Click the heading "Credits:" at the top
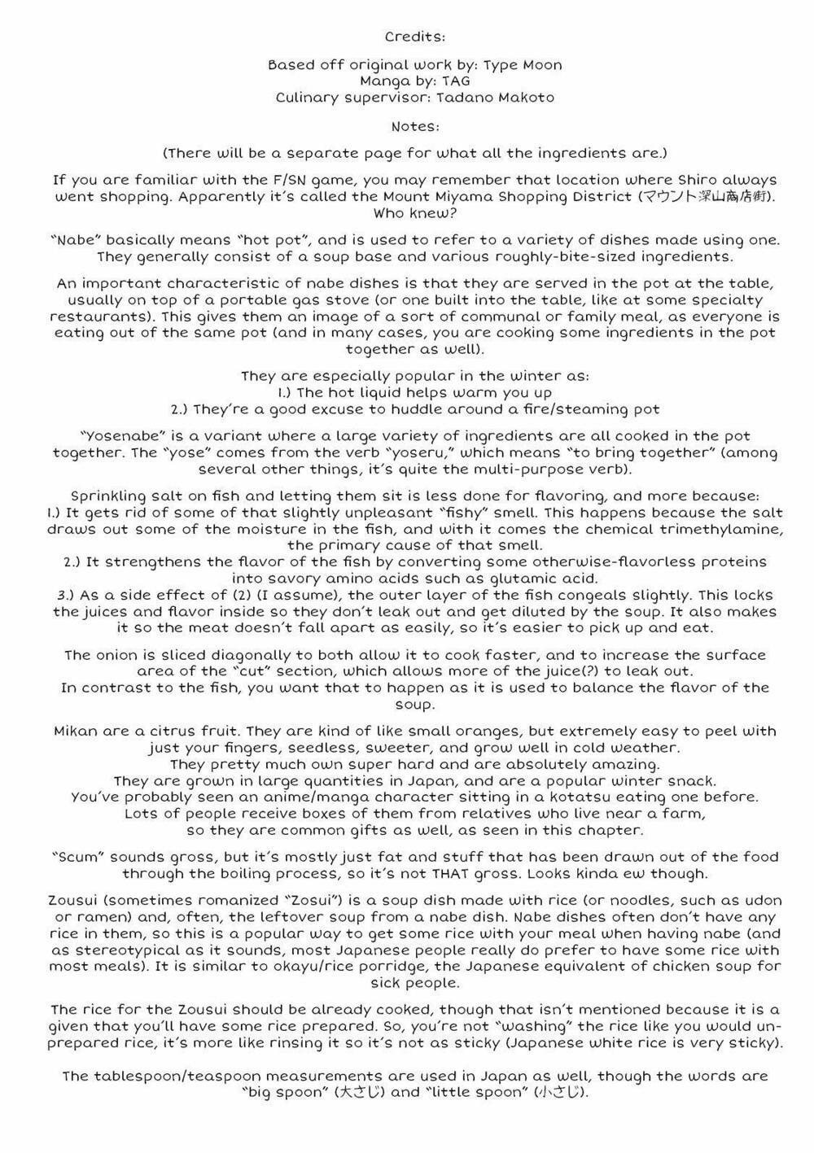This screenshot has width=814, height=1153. (414, 37)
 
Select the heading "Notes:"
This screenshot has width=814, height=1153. (414, 127)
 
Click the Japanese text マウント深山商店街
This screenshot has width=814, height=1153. (705, 197)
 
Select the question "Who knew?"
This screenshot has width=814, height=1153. (414, 213)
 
